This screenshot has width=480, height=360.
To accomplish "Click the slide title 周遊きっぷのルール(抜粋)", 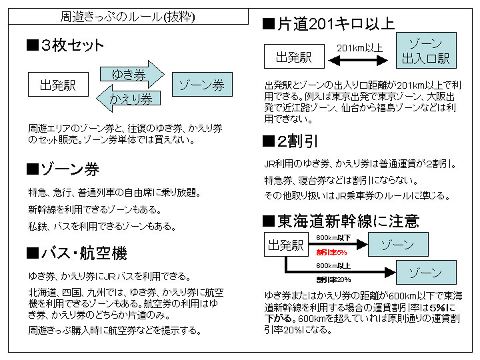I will (128, 16).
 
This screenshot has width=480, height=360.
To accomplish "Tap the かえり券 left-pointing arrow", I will (129, 99).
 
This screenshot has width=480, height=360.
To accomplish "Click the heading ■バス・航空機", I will (76, 253).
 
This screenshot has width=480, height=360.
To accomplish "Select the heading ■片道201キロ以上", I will (329, 24).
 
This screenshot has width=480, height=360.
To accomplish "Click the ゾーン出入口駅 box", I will (425, 51).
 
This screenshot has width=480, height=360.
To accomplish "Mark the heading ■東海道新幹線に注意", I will (341, 220).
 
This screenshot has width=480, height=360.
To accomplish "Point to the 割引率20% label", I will (333, 279).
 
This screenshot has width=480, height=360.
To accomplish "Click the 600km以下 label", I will (333, 238).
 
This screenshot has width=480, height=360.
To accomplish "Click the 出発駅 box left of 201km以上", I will (294, 57).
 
